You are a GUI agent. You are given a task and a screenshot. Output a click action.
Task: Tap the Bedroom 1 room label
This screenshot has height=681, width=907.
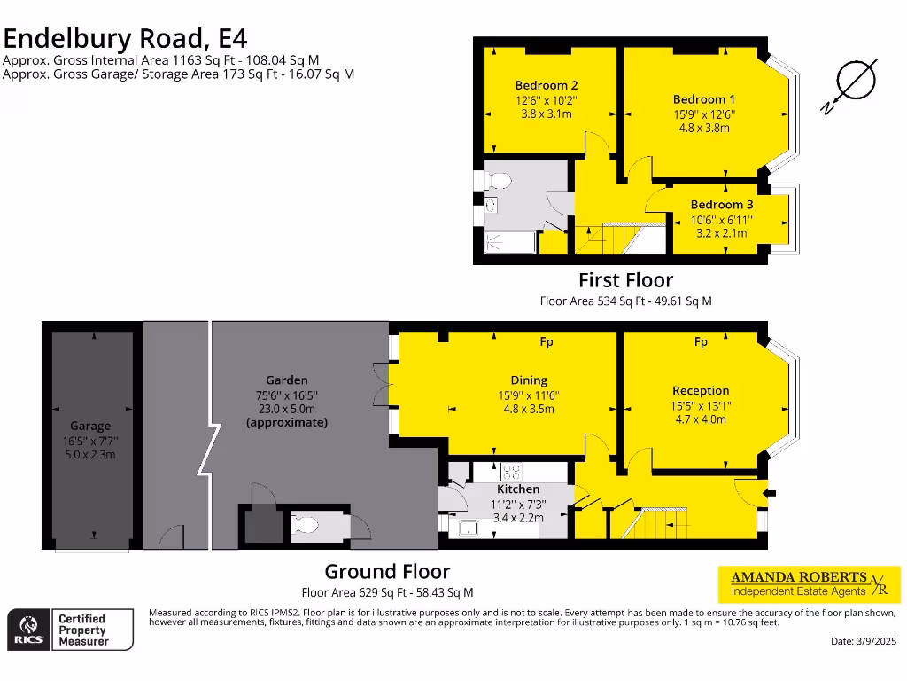tap(703, 99)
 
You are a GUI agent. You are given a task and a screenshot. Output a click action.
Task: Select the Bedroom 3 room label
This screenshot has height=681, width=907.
tap(722, 205)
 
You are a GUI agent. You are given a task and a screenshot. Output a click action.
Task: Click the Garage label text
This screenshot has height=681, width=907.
tap(90, 426)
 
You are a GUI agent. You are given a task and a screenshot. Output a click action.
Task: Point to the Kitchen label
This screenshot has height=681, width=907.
tap(518, 489)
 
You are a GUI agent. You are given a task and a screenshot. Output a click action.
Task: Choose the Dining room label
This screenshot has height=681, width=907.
tap(529, 380)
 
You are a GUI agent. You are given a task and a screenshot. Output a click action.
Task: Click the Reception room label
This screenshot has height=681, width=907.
tap(701, 390)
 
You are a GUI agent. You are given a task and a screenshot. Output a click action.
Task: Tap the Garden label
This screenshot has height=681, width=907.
tap(286, 380)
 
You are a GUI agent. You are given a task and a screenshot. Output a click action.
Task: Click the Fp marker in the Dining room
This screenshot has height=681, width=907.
tap(547, 342)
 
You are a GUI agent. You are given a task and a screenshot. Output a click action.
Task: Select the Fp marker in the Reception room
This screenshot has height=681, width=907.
tap(701, 342)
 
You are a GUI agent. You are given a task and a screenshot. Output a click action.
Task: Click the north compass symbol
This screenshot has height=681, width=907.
tap(852, 84)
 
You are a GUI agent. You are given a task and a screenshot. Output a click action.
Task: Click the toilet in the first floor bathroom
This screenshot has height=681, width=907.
tap(498, 181)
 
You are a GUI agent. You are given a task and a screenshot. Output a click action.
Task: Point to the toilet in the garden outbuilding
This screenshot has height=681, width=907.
tap(306, 526)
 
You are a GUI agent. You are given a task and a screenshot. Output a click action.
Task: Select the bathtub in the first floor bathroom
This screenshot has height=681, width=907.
tap(510, 242)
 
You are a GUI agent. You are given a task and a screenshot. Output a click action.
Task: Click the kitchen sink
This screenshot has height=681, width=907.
tap(467, 528)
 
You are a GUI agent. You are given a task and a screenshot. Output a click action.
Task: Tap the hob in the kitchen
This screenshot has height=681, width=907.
tap(511, 471)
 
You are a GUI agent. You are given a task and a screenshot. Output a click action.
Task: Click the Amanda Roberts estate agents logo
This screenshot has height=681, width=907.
tap(808, 583)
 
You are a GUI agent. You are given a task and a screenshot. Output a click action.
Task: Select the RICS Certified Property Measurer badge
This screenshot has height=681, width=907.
tap(71, 630)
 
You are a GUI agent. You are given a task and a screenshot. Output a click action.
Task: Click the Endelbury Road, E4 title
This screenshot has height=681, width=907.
tap(125, 38)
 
